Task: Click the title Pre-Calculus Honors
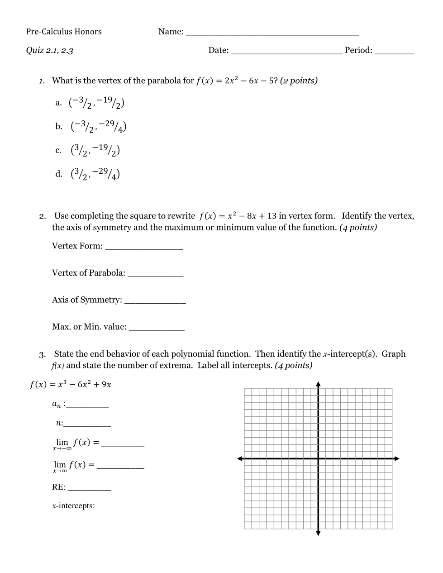pos(64,32)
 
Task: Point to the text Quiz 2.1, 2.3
pos(49,50)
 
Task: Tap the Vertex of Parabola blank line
pos(155,275)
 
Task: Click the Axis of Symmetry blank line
pos(155,302)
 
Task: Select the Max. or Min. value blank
pos(157,329)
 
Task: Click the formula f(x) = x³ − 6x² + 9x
pos(71,385)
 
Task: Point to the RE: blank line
pos(89,489)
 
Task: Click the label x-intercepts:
pos(73,506)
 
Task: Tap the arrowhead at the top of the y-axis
pos(318,384)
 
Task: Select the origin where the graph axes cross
pos(318,459)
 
